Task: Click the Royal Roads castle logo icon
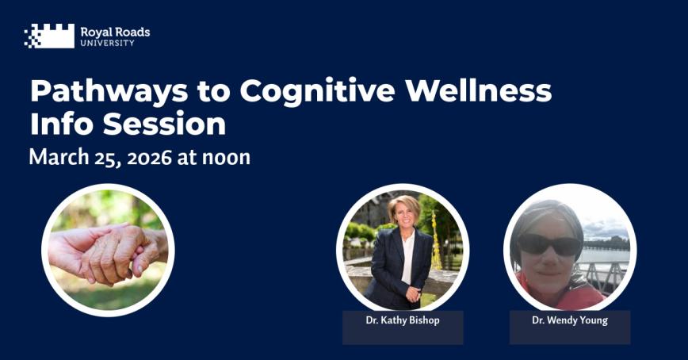pos(49,36)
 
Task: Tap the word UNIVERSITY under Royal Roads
pos(107,43)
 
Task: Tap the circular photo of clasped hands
pos(108,250)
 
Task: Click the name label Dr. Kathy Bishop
pos(402,320)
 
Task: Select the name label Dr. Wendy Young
pos(569,320)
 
